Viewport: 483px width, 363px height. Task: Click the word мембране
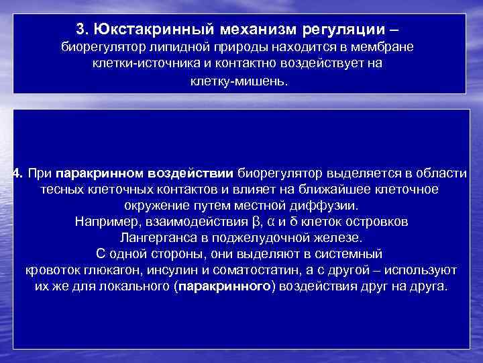click(x=385, y=48)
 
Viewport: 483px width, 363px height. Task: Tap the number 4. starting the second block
click(x=18, y=174)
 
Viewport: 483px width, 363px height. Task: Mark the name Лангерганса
click(x=155, y=237)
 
